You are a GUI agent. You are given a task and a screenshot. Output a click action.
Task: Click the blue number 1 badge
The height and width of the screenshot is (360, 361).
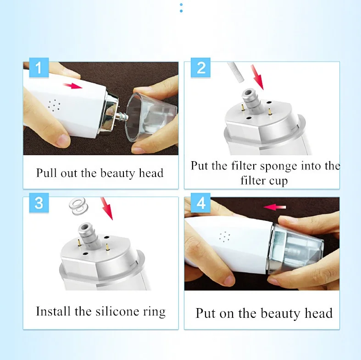click(x=39, y=67)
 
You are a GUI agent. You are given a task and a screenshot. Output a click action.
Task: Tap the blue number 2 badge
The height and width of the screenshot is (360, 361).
click(x=200, y=67)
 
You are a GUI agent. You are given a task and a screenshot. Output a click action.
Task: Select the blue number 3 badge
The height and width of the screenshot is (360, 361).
click(x=39, y=203)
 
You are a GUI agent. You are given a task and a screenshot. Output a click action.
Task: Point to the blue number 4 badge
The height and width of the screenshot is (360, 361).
click(x=200, y=203)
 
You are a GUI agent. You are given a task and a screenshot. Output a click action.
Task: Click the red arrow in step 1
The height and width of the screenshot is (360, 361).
click(x=72, y=86)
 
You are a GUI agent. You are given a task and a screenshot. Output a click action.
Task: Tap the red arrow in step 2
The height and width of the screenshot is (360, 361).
click(x=258, y=77)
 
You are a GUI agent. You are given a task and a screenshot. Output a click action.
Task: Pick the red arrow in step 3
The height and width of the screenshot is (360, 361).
click(x=106, y=208)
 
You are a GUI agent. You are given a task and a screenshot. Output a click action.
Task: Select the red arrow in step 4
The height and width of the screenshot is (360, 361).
click(x=274, y=207)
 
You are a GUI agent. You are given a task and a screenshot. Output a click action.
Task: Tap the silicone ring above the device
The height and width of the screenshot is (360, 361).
click(x=78, y=206)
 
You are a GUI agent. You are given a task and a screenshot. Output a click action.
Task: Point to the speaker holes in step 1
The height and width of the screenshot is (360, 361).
click(x=54, y=106)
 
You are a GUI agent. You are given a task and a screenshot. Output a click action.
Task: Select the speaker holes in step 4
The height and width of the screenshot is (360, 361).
click(x=225, y=237)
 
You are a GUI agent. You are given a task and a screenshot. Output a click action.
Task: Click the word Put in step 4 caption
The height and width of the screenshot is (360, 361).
click(x=205, y=313)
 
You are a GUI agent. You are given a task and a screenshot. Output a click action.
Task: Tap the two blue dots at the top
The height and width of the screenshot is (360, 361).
click(x=181, y=8)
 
